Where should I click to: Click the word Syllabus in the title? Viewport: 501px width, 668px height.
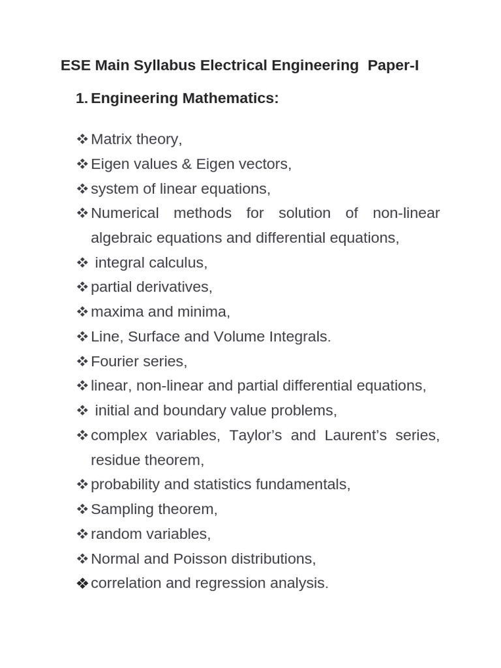[x=165, y=66]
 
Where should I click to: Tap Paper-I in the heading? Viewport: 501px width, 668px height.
[x=393, y=66]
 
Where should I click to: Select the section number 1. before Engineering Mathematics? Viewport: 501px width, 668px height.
[x=82, y=99]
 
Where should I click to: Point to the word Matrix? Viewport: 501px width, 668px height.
[x=112, y=139]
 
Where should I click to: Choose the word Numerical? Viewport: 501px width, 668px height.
[x=125, y=213]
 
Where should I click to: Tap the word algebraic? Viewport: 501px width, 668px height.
[x=122, y=238]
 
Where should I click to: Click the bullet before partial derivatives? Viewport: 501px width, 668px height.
[x=82, y=287]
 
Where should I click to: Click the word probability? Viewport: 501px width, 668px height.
[x=125, y=485]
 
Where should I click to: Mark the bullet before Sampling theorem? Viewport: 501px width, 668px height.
[x=82, y=509]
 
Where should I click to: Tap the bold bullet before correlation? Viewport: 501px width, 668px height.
[x=82, y=584]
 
